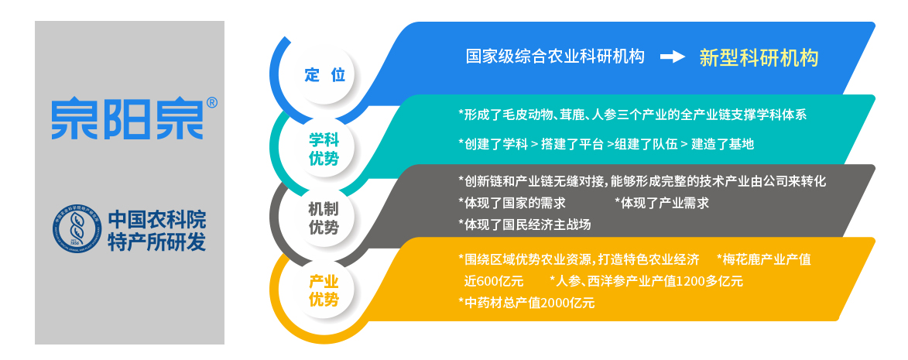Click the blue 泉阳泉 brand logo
click(128, 119)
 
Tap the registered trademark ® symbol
click(212, 103)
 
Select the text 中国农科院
click(157, 219)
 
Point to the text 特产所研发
click(157, 242)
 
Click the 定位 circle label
click(324, 75)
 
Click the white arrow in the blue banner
click(673, 57)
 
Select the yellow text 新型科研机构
click(759, 57)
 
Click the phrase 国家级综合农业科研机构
click(555, 57)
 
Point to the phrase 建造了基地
click(723, 144)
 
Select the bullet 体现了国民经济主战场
click(525, 224)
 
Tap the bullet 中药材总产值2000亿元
click(526, 303)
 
